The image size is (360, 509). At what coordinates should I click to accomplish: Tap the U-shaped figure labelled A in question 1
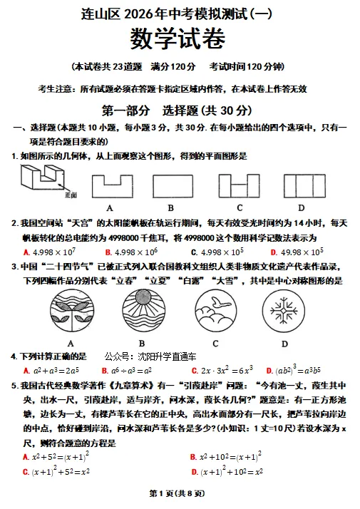(x=110, y=186)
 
